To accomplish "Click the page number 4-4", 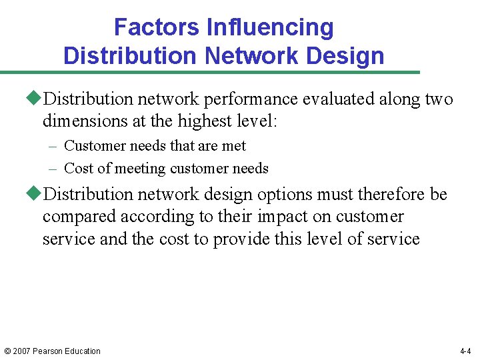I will (465, 351).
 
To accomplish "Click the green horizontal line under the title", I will (210, 72).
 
